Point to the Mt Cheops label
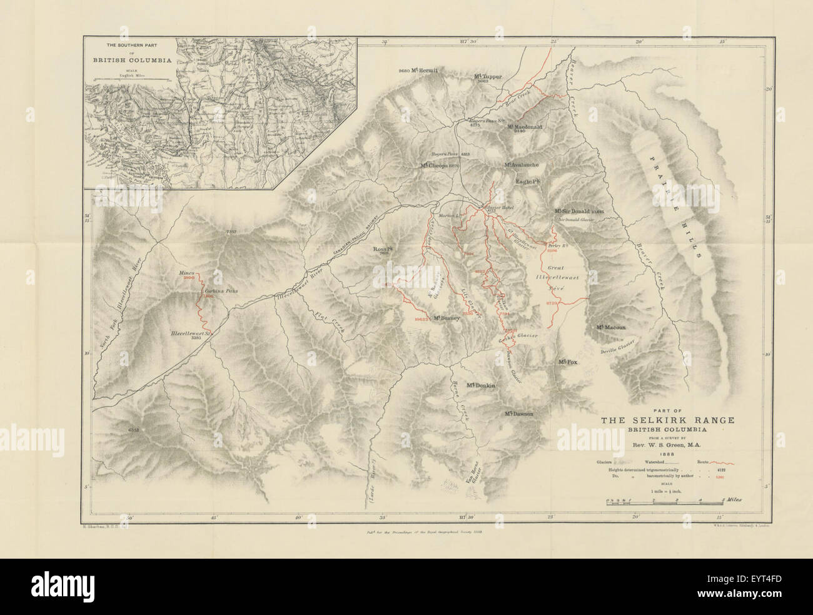[440, 166]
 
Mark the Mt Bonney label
[445, 318]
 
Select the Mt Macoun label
[612, 327]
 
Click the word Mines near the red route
[188, 274]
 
